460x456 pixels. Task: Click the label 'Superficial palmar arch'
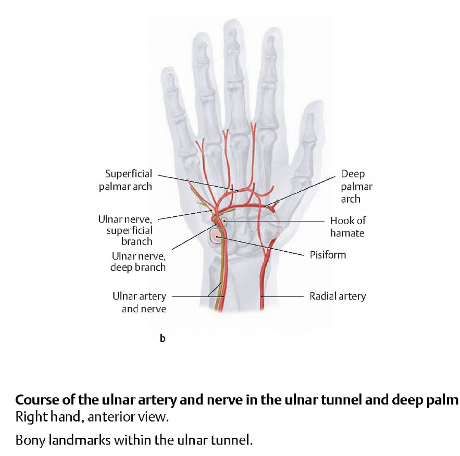[x=125, y=180]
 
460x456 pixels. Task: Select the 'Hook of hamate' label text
[x=347, y=227]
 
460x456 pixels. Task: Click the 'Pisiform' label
[x=328, y=255]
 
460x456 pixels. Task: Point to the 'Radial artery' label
[x=337, y=297]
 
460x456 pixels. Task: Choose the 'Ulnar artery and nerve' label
[x=139, y=303]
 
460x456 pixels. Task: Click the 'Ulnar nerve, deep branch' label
[x=138, y=262]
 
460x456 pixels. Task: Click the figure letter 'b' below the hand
[x=162, y=339]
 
